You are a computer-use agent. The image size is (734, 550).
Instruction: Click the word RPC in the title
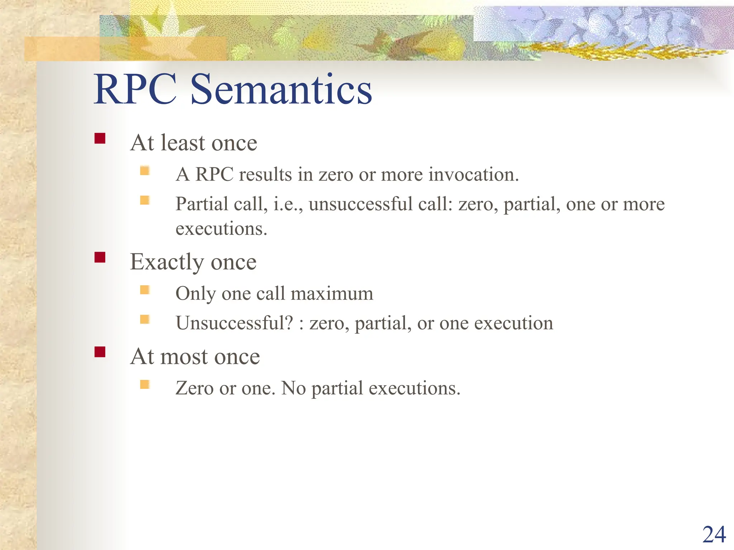(135, 89)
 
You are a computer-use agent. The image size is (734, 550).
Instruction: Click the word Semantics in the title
(281, 89)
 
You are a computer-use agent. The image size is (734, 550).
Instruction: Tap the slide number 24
(714, 535)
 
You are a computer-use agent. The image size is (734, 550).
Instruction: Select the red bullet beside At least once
(100, 138)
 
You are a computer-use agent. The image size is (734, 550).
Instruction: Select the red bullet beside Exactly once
(100, 257)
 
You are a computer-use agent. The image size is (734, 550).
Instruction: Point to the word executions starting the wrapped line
(221, 229)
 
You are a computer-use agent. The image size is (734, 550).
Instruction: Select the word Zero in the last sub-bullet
(194, 388)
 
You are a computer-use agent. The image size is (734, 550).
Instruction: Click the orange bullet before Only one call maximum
(145, 289)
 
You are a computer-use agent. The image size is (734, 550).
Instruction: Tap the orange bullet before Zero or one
(145, 384)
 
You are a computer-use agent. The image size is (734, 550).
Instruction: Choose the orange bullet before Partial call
(145, 200)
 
